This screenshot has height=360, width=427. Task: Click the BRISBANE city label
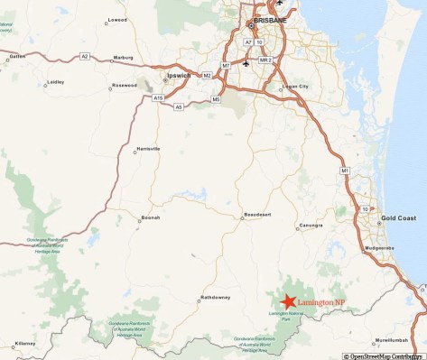[x=271, y=19]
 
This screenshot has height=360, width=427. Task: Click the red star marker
[x=288, y=301]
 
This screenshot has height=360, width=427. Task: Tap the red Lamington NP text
[x=321, y=301]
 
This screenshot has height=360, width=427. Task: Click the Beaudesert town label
[x=257, y=215]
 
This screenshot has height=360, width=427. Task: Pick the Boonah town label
[x=150, y=217]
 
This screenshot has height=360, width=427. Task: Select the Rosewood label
[x=124, y=86]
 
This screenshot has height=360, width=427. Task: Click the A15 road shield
[x=159, y=97]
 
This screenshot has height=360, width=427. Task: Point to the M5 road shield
[x=217, y=98]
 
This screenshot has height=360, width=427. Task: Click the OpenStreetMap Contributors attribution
[x=384, y=355]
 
